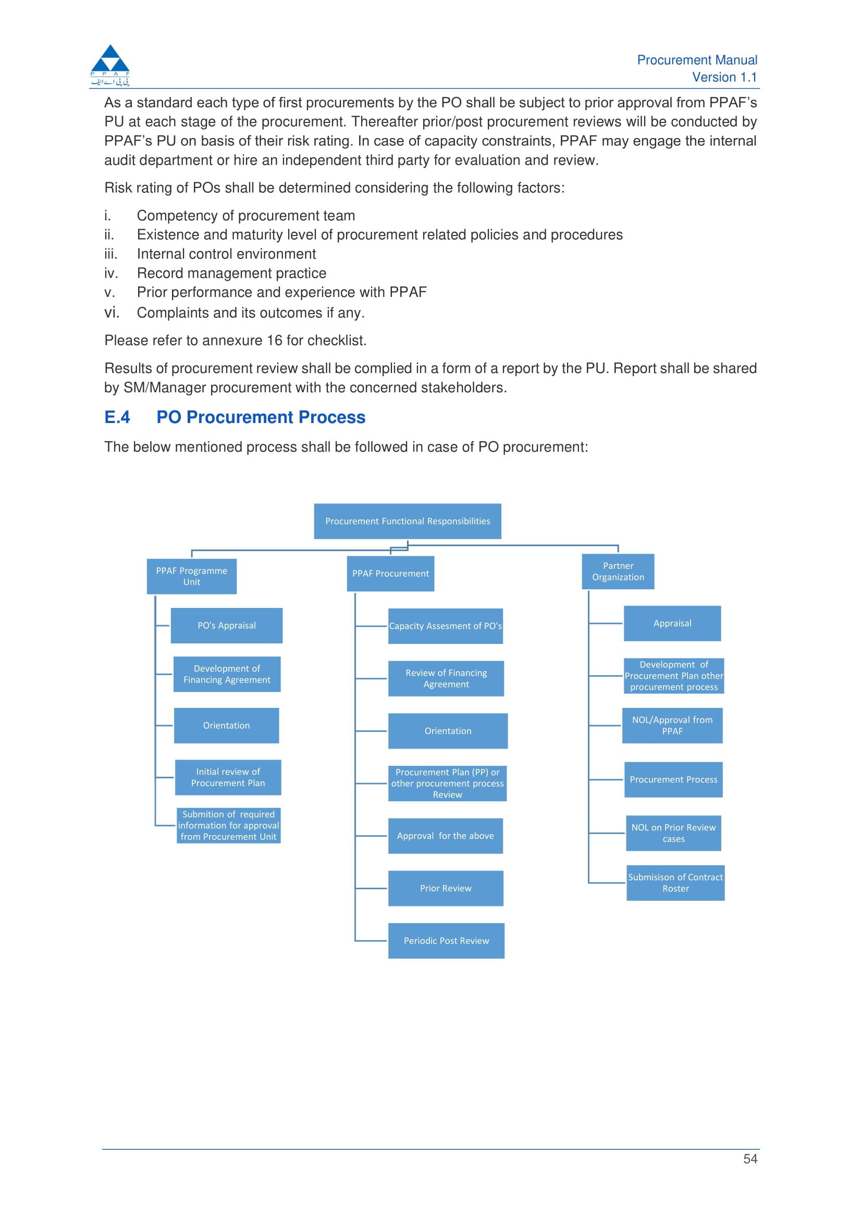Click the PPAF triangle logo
[x=110, y=65]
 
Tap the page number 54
[x=750, y=1159]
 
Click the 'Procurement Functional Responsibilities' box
[x=407, y=521]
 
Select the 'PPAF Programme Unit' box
[x=192, y=576]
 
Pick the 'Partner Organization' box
[x=618, y=571]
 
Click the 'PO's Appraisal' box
[x=227, y=626]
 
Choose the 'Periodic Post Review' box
[x=446, y=940]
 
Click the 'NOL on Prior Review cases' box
[x=673, y=833]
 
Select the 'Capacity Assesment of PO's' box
[x=445, y=626]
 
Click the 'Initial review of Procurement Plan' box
[x=228, y=777]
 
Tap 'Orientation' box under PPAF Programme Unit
[x=226, y=725]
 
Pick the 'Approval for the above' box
[x=445, y=836]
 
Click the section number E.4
[x=117, y=417]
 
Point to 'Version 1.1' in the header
[x=724, y=77]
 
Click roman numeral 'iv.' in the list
[x=111, y=272]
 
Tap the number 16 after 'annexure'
[x=275, y=340]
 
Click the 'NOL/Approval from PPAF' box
[x=672, y=725]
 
